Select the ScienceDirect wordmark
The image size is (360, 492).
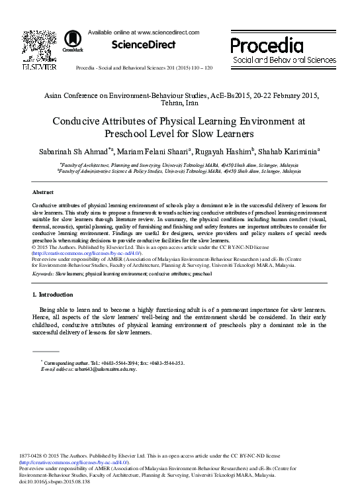143,45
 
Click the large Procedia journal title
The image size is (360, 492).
264,46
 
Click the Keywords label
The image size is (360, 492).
42,273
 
